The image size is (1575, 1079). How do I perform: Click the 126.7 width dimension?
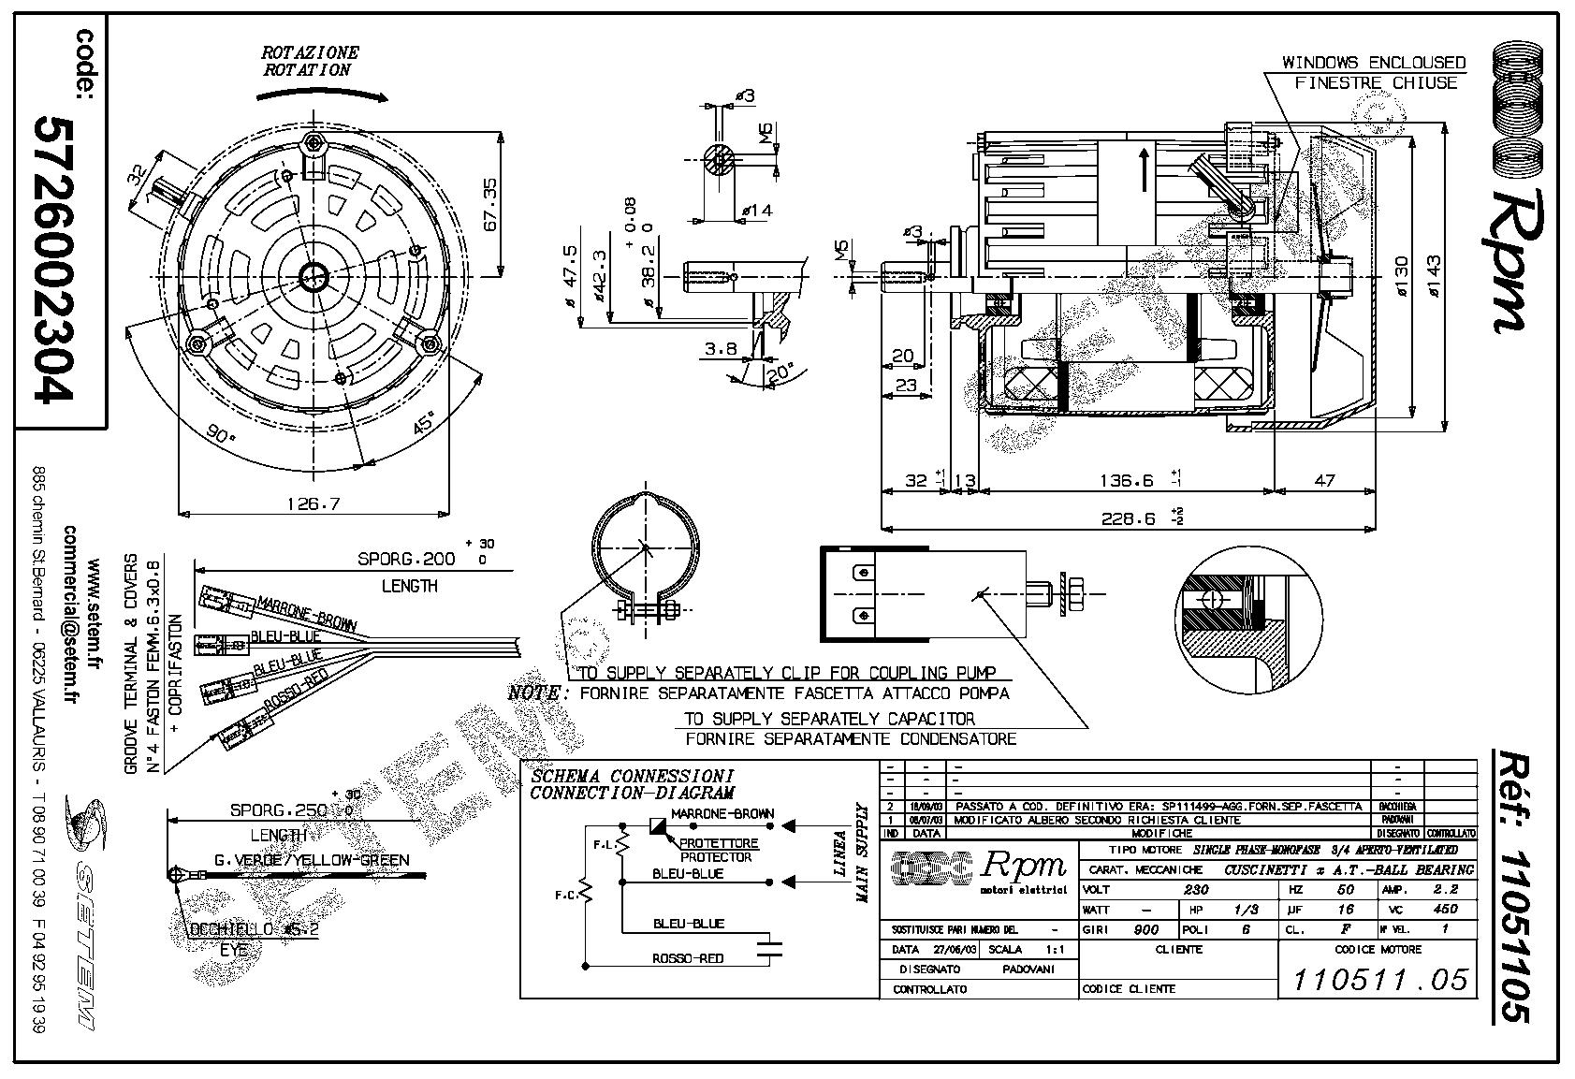coord(313,503)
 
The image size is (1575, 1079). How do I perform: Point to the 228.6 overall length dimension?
coord(1129,518)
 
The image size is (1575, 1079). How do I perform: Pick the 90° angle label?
coord(221,436)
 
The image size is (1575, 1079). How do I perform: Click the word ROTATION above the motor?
coord(307,69)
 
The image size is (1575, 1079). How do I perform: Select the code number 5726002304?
coord(52,259)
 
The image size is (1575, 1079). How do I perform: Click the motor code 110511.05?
coord(1379,980)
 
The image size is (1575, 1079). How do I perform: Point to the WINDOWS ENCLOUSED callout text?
coord(1373,63)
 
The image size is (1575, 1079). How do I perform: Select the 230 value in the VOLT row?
coord(1196,890)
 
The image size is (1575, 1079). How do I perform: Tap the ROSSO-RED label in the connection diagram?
coord(687,958)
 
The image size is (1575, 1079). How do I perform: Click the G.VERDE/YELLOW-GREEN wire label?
coord(312,860)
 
